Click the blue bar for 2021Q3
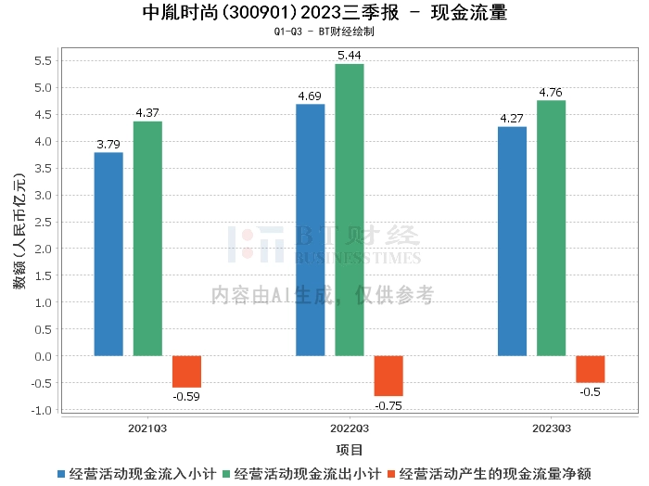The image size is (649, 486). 108,254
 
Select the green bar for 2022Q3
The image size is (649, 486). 350,210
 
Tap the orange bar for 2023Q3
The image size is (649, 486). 590,369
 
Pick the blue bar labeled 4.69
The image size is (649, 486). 310,230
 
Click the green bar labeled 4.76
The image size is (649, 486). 551,228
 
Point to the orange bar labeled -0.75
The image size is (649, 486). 388,376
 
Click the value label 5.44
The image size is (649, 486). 350,56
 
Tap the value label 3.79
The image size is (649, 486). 108,145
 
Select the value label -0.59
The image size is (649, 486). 186,396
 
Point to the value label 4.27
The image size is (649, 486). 512,119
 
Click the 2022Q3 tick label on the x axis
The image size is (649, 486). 350,428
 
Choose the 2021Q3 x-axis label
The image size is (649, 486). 147,428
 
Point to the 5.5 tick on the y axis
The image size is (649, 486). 42,61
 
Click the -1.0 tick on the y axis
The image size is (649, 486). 40,410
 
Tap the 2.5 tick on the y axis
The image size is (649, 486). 42,223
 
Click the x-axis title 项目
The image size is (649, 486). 350,451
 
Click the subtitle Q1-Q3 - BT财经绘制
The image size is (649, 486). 324,32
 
